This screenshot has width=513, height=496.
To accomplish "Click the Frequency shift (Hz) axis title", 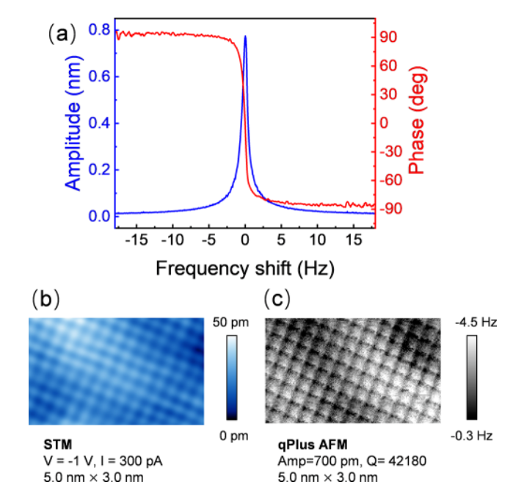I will click(x=244, y=269).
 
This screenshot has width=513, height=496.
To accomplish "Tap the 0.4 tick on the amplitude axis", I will click(x=101, y=123).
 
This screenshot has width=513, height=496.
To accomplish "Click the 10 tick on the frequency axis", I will click(x=318, y=240).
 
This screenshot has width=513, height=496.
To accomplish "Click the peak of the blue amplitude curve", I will click(x=245, y=36).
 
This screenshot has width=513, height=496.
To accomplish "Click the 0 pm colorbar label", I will click(x=233, y=436).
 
